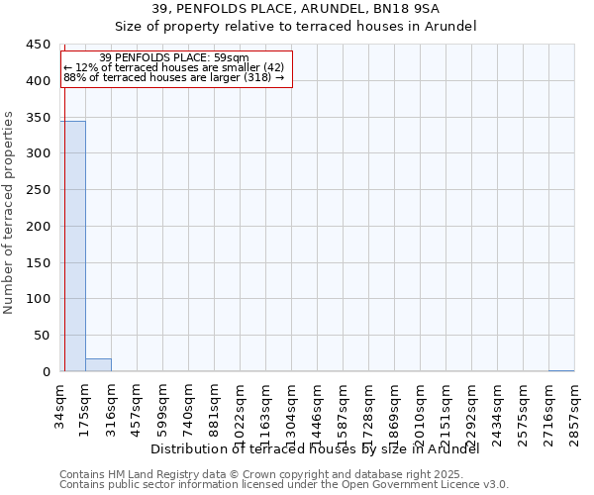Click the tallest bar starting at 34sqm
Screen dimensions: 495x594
73,247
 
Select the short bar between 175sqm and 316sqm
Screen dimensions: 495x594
98,365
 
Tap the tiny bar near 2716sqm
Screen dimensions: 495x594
561,370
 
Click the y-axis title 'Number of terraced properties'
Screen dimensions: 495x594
10,212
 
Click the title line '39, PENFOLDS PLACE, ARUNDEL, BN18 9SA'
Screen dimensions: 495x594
296,10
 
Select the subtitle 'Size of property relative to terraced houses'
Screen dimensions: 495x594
296,27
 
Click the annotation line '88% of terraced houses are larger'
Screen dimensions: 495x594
173,77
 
